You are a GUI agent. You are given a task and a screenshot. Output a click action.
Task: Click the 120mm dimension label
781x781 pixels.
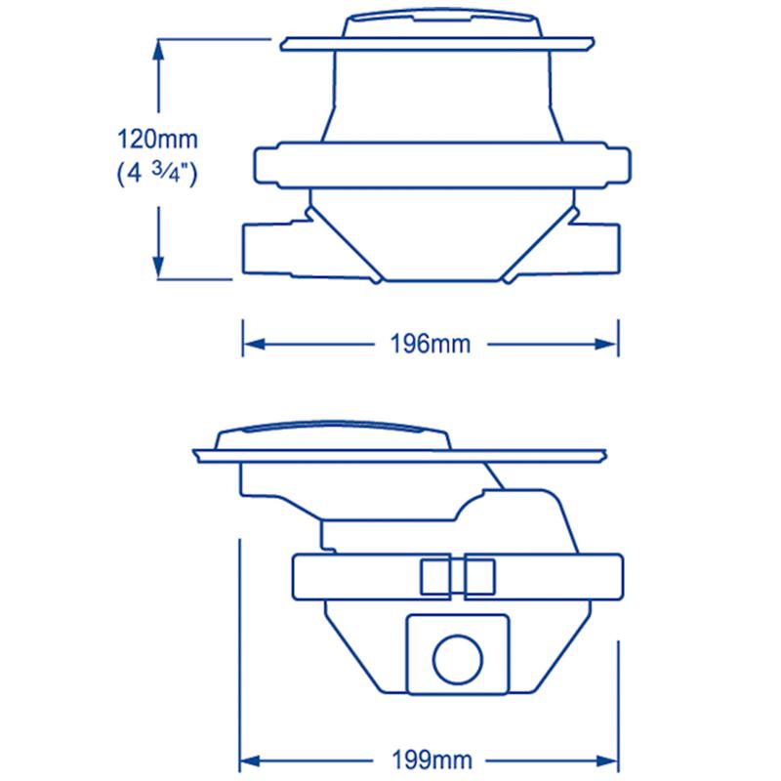pyautogui.click(x=157, y=139)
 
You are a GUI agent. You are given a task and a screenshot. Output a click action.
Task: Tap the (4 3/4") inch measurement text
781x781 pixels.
pyautogui.click(x=157, y=174)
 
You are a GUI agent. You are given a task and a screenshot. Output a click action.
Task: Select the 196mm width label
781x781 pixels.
pyautogui.click(x=431, y=345)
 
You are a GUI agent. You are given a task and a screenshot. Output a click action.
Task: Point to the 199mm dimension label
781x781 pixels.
pyautogui.click(x=432, y=760)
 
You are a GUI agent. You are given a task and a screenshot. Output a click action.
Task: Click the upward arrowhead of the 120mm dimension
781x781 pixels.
pyautogui.click(x=158, y=50)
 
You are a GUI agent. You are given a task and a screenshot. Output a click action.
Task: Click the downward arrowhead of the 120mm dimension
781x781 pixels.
pyautogui.click(x=158, y=267)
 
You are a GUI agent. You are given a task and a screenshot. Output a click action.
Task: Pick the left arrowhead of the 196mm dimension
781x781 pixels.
pyautogui.click(x=254, y=345)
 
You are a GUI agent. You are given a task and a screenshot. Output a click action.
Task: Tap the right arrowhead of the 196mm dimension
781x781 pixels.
pyautogui.click(x=606, y=345)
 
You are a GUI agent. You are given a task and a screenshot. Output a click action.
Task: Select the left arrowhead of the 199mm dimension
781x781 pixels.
pyautogui.click(x=251, y=761)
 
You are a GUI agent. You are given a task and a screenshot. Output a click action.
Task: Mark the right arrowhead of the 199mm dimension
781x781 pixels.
pyautogui.click(x=607, y=761)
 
